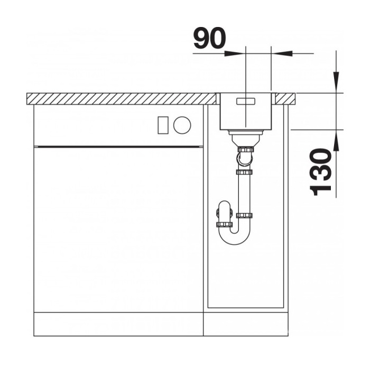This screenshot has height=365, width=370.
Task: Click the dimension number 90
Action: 209,38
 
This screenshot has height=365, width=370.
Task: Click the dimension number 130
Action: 321,172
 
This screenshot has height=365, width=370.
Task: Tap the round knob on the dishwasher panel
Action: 182,125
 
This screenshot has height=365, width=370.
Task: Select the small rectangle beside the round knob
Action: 163,125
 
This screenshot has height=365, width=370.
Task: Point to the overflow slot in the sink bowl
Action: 246,102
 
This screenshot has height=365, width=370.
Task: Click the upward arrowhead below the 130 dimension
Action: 336,141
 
